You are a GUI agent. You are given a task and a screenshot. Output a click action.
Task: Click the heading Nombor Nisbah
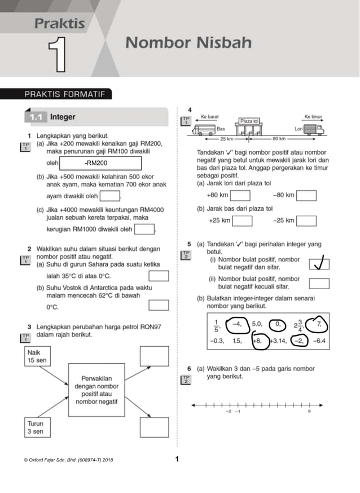point(188,43)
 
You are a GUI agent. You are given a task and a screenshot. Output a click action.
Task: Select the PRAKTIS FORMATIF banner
point(66,94)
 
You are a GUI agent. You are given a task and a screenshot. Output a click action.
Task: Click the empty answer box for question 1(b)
point(111,196)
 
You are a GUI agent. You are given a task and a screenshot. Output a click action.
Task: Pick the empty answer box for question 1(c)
point(144,229)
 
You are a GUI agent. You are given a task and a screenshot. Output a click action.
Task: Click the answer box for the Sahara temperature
point(159,276)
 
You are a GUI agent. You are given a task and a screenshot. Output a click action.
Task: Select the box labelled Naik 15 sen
point(37,357)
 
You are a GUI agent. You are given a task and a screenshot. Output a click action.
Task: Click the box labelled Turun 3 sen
point(37,427)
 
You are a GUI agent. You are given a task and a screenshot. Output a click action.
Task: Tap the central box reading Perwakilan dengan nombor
point(96,390)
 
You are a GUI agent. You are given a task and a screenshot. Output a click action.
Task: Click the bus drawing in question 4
point(204,129)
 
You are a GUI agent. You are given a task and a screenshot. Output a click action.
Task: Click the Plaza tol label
point(249,121)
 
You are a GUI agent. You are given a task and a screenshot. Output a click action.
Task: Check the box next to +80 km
point(240,195)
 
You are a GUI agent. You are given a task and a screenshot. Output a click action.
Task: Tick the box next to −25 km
point(306,221)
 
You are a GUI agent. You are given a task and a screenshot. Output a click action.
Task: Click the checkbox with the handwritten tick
point(319,263)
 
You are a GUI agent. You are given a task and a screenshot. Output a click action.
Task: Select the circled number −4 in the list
point(236,324)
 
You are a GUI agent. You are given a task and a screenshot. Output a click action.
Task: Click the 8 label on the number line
point(309,412)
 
